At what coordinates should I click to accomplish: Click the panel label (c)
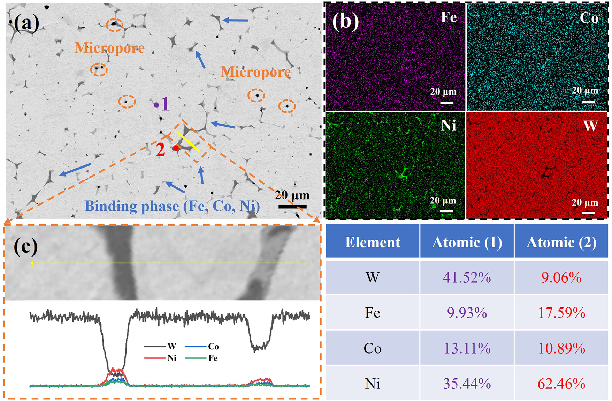(x=25, y=246)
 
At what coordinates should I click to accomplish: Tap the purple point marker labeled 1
(x=156, y=105)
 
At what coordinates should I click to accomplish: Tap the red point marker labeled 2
(x=176, y=148)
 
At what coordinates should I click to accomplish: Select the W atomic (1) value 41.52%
(x=467, y=277)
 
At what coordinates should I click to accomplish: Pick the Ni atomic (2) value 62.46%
(x=561, y=384)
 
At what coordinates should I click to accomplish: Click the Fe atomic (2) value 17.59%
(x=561, y=313)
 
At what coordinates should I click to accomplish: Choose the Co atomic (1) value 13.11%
(x=467, y=348)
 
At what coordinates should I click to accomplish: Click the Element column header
(x=373, y=242)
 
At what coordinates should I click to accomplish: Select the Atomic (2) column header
(x=561, y=242)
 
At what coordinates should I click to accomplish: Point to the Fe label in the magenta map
(x=449, y=17)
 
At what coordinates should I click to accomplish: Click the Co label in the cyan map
(x=589, y=18)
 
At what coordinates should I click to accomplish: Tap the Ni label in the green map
(x=449, y=125)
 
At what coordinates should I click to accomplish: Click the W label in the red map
(x=590, y=126)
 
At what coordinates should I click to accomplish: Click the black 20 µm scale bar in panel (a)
(x=292, y=207)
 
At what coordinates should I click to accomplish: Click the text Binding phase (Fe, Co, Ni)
(x=172, y=206)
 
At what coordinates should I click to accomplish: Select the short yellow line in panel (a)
(x=188, y=142)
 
